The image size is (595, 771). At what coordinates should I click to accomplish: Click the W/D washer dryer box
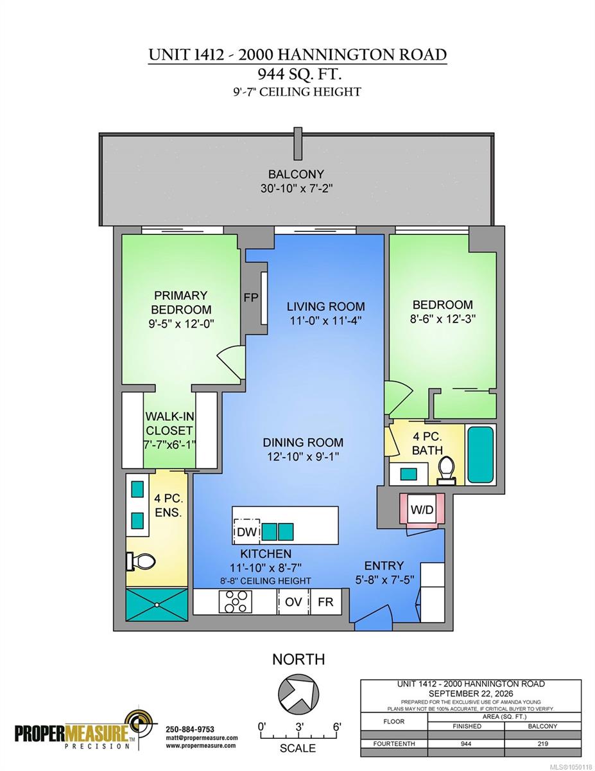pyautogui.click(x=422, y=510)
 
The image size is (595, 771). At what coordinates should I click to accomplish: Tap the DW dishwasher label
pyautogui.click(x=246, y=532)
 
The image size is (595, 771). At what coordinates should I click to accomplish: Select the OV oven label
pyautogui.click(x=293, y=601)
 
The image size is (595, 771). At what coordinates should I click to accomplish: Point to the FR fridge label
pyautogui.click(x=325, y=601)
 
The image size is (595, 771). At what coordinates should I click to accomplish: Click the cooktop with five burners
pyautogui.click(x=236, y=601)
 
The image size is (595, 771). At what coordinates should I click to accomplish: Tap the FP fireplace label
pyautogui.click(x=251, y=297)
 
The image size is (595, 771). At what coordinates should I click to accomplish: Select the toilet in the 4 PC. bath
pyautogui.click(x=446, y=470)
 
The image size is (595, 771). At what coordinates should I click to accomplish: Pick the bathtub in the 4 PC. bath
pyautogui.click(x=481, y=454)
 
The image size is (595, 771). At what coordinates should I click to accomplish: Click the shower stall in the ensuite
pyautogui.click(x=157, y=605)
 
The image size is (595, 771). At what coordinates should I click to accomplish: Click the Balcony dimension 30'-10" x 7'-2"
pyautogui.click(x=297, y=188)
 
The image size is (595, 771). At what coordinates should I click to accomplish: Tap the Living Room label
pyautogui.click(x=325, y=306)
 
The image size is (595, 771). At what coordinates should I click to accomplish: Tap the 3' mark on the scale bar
pyautogui.click(x=300, y=727)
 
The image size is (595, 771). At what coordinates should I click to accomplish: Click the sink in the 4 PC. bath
pyautogui.click(x=408, y=474)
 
